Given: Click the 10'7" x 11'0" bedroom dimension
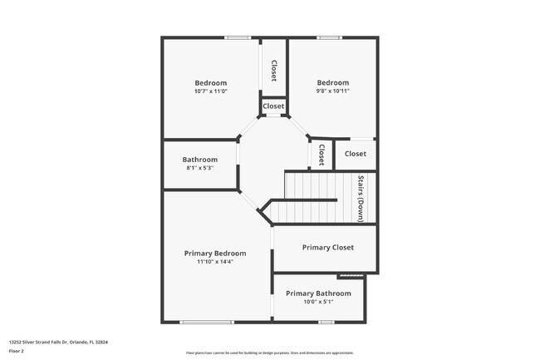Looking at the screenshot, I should pyautogui.click(x=211, y=91).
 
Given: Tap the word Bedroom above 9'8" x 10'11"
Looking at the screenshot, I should pyautogui.click(x=332, y=82).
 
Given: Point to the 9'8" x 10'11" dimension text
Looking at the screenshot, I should pyautogui.click(x=332, y=91).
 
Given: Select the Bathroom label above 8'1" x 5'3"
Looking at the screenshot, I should pyautogui.click(x=200, y=160).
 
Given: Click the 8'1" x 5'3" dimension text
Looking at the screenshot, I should pyautogui.click(x=200, y=169).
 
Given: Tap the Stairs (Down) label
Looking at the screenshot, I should pyautogui.click(x=361, y=198).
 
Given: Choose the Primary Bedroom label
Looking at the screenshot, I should pyautogui.click(x=215, y=253).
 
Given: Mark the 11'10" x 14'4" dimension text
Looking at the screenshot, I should pyautogui.click(x=215, y=262).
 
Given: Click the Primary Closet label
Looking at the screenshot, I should pyautogui.click(x=327, y=247).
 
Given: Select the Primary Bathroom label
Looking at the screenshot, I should pyautogui.click(x=318, y=293).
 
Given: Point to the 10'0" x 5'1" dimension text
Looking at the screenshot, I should pyautogui.click(x=318, y=302).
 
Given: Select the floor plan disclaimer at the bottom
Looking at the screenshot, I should pyautogui.click(x=269, y=352).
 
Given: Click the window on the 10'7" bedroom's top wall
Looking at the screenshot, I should pyautogui.click(x=238, y=37).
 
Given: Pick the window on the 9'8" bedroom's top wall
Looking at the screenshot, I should pyautogui.click(x=329, y=37).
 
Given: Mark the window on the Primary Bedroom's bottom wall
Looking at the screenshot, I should pyautogui.click(x=207, y=323).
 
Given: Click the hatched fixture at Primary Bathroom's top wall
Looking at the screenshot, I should pyautogui.click(x=351, y=276).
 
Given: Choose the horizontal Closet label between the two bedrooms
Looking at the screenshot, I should pyautogui.click(x=273, y=106).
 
